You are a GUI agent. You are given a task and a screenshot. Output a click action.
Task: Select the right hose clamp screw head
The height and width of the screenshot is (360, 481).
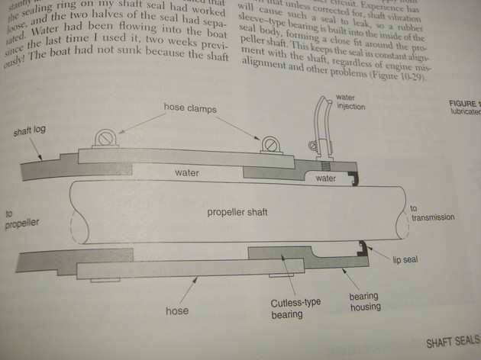(x=268, y=143)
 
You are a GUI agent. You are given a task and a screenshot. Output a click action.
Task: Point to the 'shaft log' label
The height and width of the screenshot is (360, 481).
(x=29, y=131)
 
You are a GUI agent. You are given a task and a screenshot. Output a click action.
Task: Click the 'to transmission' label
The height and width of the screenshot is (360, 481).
(x=432, y=213)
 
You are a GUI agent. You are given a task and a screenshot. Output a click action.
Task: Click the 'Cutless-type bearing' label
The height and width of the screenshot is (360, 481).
(x=296, y=307)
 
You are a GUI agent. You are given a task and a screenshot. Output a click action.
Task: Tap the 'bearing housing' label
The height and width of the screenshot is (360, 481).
(x=366, y=301)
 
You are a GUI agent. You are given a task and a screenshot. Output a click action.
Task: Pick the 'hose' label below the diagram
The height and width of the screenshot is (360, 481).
(x=177, y=311)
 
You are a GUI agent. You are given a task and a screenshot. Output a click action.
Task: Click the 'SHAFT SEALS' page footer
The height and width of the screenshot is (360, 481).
(x=452, y=343)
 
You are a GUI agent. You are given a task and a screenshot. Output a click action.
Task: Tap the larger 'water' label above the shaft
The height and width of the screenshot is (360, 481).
(x=186, y=173)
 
